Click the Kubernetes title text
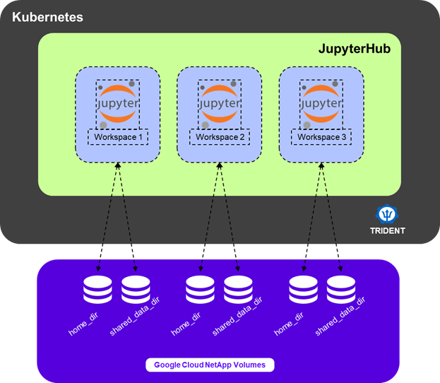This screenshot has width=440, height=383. click(x=47, y=16)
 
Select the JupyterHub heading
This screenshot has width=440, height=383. click(x=355, y=49)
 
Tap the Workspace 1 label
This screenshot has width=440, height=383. click(x=117, y=136)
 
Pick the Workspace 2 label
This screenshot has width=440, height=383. click(x=219, y=136)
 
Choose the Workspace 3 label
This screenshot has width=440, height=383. click(x=321, y=136)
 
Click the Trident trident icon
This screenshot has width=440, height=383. click(x=388, y=213)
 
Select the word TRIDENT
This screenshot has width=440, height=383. click(x=388, y=231)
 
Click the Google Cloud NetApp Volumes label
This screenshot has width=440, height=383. click(x=210, y=365)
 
